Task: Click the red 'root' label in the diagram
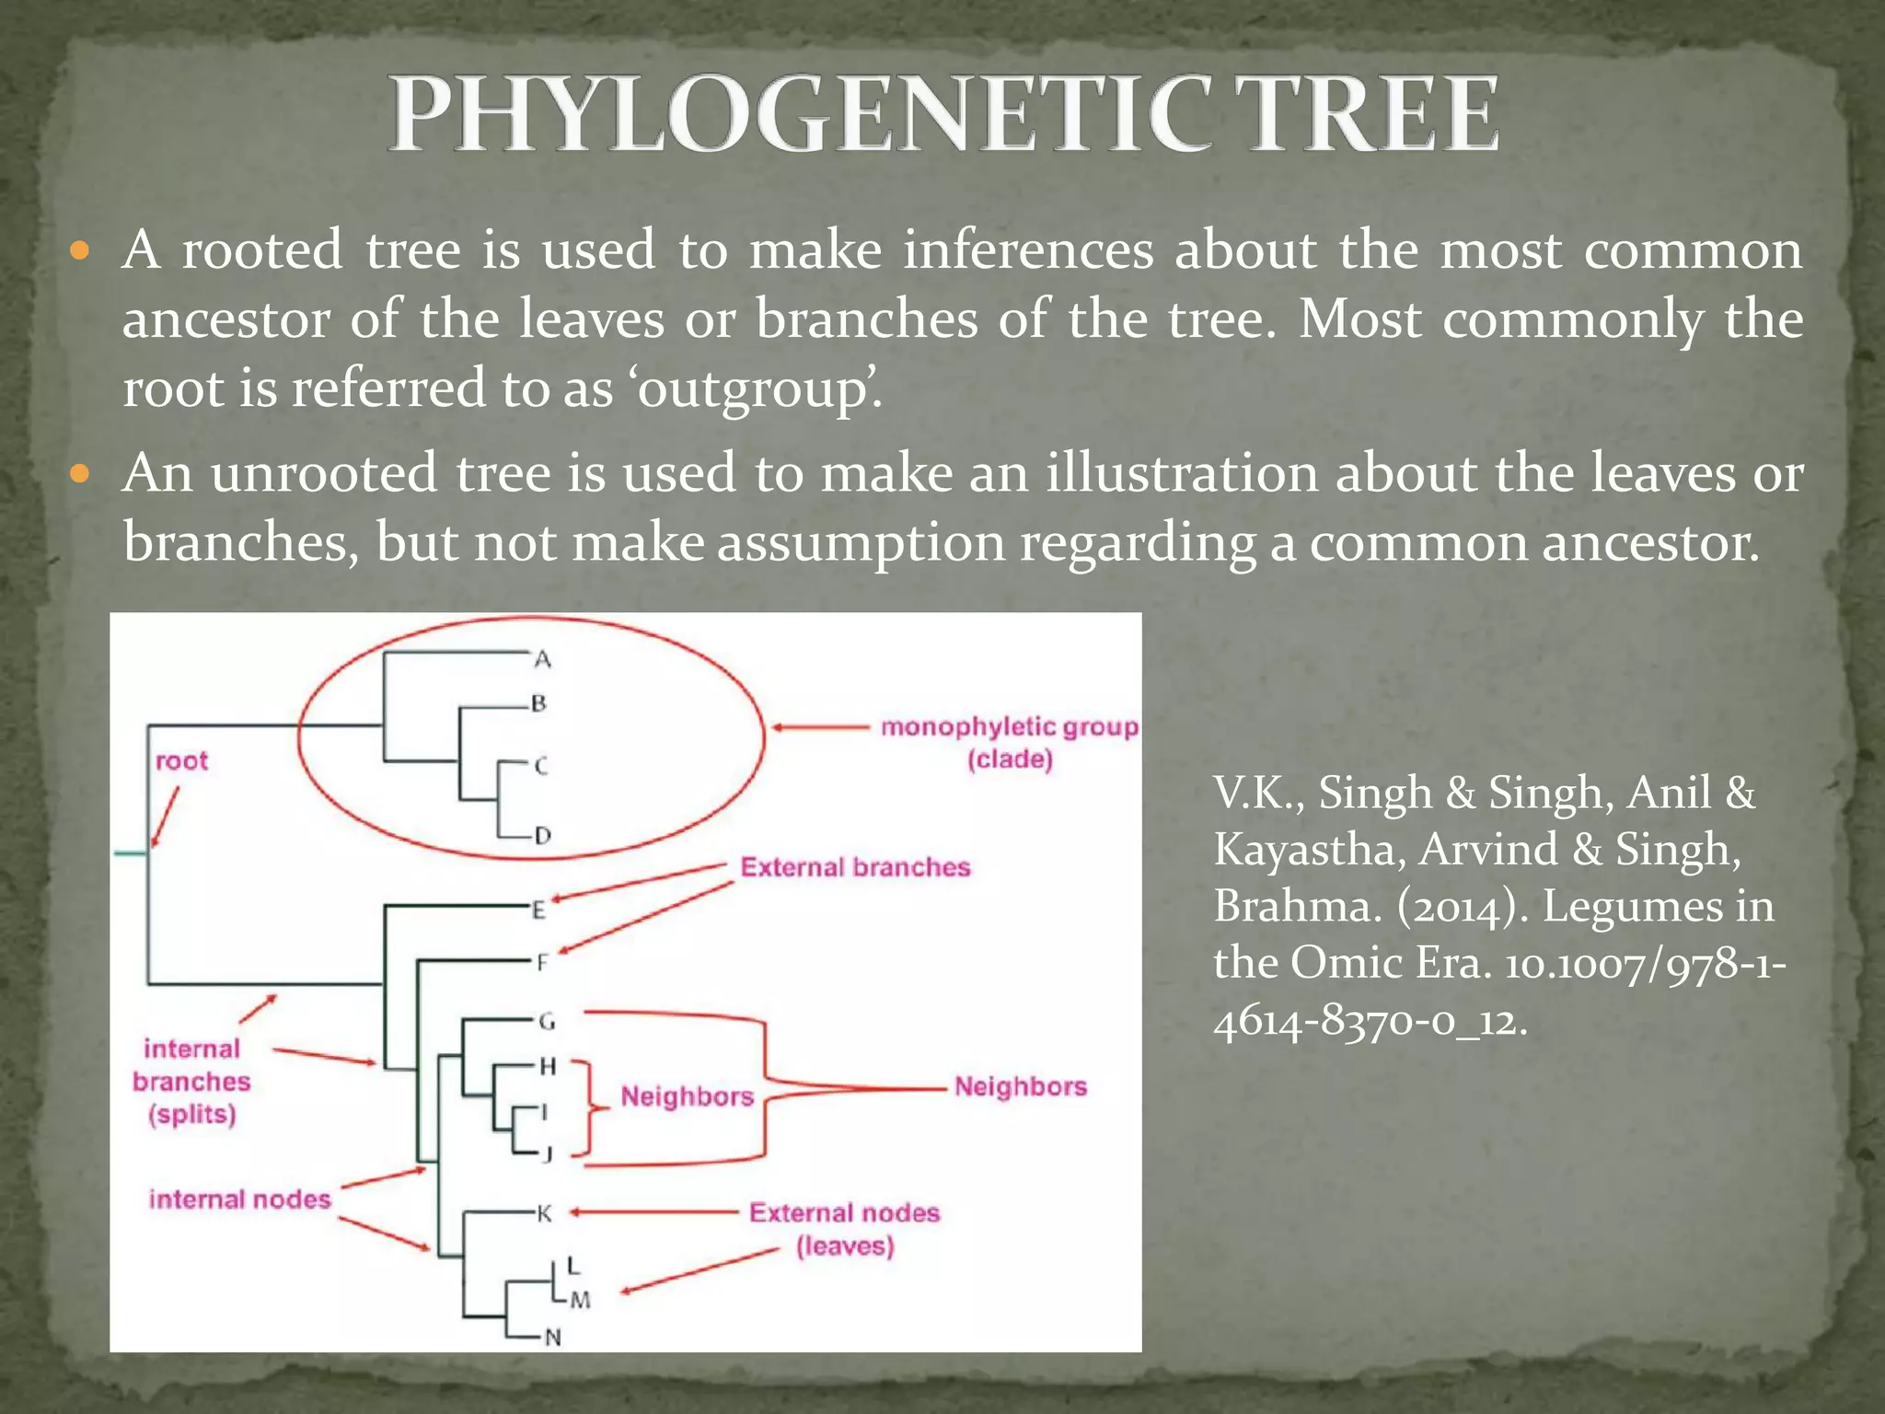click(x=181, y=761)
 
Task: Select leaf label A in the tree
click(x=542, y=659)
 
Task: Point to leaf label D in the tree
click(x=542, y=836)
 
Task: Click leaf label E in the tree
click(x=539, y=910)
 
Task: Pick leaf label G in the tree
click(x=546, y=1021)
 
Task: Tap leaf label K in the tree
click(x=544, y=1214)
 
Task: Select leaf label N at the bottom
click(x=552, y=1338)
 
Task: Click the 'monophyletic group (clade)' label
click(x=1009, y=743)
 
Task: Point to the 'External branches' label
click(x=855, y=867)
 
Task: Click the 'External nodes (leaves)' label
click(x=844, y=1229)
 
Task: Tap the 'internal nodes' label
click(x=239, y=1200)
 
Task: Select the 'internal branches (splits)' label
click(x=191, y=1081)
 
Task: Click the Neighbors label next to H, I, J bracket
click(x=687, y=1096)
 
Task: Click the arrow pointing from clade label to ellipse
click(x=819, y=727)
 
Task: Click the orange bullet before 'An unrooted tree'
click(x=80, y=474)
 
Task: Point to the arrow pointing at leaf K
click(x=653, y=1212)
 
